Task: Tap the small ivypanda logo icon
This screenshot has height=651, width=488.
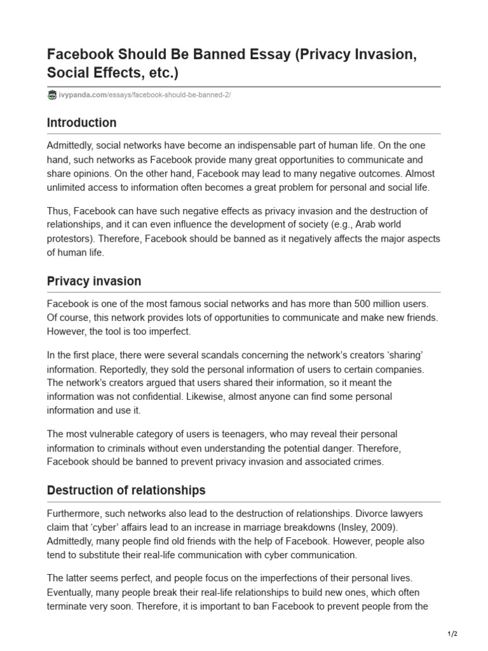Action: (x=51, y=95)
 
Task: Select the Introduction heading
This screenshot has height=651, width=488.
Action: (x=82, y=123)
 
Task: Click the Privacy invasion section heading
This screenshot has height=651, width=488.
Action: (x=94, y=281)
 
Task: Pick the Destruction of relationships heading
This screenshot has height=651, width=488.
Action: (x=126, y=490)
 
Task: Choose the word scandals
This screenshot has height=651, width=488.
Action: (x=215, y=355)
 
